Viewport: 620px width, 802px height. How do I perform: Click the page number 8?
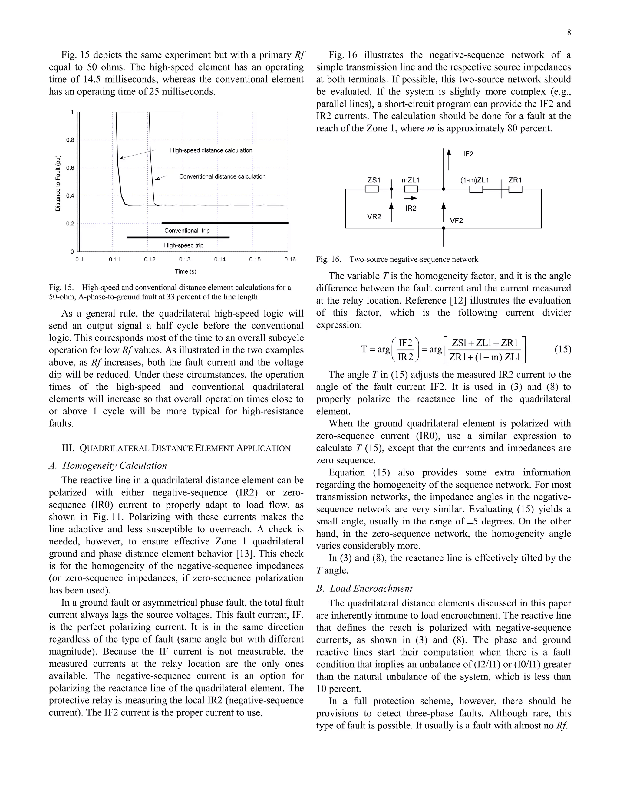[569, 33]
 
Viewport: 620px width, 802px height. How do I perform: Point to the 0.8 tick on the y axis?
[70, 140]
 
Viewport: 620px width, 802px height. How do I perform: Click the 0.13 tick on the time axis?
[185, 260]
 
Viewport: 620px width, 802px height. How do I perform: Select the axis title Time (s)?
[186, 272]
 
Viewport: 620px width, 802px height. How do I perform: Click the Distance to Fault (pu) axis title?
[58, 183]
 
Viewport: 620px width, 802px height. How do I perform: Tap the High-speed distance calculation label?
[211, 150]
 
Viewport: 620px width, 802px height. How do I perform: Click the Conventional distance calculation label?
[222, 177]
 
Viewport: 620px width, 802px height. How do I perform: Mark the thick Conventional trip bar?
[225, 223]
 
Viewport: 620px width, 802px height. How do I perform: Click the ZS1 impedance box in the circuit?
[371, 189]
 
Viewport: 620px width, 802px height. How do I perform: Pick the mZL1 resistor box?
[411, 189]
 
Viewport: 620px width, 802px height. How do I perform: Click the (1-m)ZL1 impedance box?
[476, 189]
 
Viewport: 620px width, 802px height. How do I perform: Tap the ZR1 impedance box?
[515, 189]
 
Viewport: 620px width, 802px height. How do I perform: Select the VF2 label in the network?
[456, 221]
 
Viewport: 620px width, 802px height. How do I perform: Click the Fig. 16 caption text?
[397, 260]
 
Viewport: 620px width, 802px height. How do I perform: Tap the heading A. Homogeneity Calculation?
[108, 466]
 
